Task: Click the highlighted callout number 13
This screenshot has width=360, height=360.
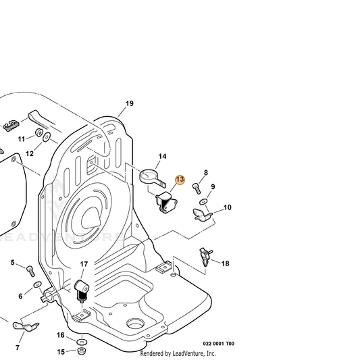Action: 180,180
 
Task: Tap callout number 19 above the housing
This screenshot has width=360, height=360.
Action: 130,103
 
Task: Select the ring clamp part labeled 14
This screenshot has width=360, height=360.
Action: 153,177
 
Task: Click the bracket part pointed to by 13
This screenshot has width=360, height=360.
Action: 166,202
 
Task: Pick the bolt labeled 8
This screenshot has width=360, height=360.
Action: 197,188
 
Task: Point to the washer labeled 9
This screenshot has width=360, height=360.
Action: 203,202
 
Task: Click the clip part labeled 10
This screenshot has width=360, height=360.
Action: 202,215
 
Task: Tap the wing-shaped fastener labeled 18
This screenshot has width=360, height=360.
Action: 206,256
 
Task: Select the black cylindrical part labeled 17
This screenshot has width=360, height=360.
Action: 82,291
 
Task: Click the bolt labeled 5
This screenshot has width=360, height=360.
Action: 31,271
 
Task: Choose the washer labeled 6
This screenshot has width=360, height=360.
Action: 38,285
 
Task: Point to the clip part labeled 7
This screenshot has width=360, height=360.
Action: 26,326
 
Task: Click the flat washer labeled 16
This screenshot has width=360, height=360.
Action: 82,342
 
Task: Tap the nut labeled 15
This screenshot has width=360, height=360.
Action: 82,351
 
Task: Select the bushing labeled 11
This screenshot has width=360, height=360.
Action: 38,132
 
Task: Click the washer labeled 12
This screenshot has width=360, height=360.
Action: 47,137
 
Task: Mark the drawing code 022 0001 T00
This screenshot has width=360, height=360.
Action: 219,344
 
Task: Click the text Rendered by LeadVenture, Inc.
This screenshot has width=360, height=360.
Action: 178,353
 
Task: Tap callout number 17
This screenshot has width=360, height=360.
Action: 84,264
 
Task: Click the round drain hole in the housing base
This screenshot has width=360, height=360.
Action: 136,324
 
